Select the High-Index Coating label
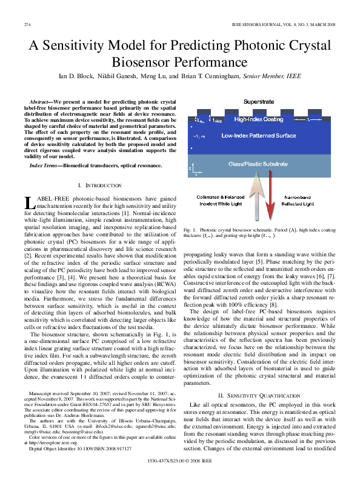[258, 119]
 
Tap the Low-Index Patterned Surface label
[262, 136]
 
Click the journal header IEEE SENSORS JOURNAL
[256, 24]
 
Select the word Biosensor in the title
[142, 62]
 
